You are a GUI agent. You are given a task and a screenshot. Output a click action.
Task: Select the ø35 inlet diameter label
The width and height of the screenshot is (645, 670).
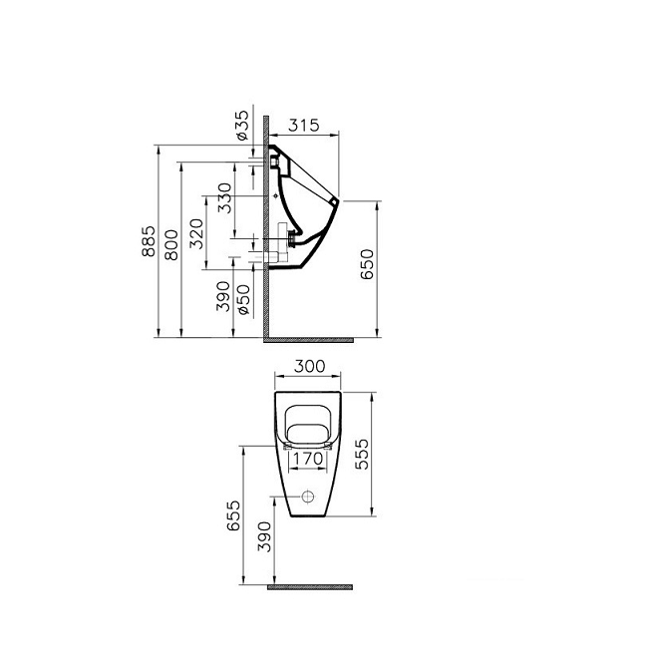tap(240, 127)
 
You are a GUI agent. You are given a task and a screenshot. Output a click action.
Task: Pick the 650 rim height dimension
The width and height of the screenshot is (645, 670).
tap(367, 265)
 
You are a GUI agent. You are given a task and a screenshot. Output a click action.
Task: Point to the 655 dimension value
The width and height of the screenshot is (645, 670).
tap(231, 517)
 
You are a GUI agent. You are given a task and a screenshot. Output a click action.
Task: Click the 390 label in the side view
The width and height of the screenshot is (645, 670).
tap(224, 296)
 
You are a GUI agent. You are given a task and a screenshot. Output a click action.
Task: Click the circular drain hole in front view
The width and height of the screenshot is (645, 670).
tap(309, 496)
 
